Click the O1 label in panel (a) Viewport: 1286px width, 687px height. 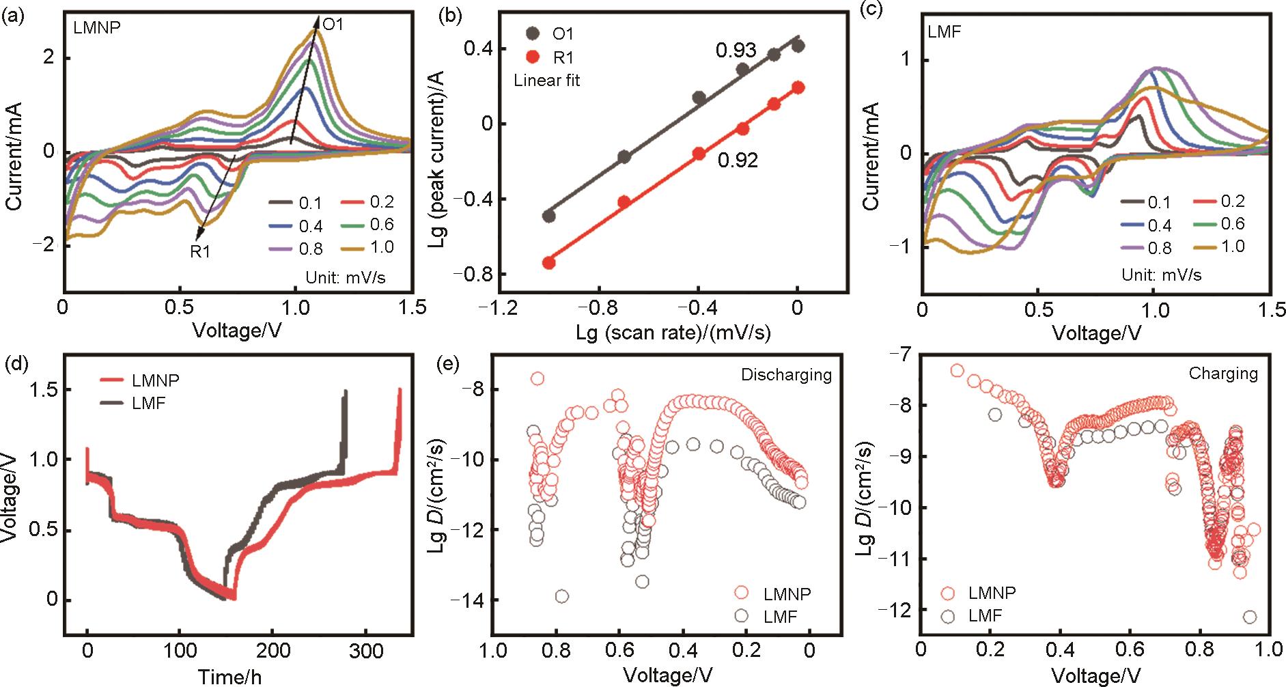click(x=333, y=25)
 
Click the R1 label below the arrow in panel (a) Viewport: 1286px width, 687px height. click(x=200, y=252)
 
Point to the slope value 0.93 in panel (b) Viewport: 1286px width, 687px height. click(x=736, y=50)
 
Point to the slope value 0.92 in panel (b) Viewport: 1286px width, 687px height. click(x=738, y=160)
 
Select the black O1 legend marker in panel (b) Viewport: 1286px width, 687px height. click(x=533, y=33)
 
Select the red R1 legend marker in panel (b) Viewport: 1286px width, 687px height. click(x=533, y=57)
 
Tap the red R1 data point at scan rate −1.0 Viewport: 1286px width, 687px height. click(x=548, y=263)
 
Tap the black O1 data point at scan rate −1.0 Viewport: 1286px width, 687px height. click(x=548, y=216)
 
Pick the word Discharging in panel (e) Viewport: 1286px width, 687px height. click(x=786, y=375)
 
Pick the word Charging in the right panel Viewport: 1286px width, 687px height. click(x=1222, y=374)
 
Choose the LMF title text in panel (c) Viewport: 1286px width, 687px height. click(x=944, y=32)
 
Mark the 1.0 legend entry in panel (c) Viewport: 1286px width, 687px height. click(x=1233, y=247)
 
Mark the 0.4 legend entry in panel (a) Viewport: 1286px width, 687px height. click(x=311, y=226)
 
